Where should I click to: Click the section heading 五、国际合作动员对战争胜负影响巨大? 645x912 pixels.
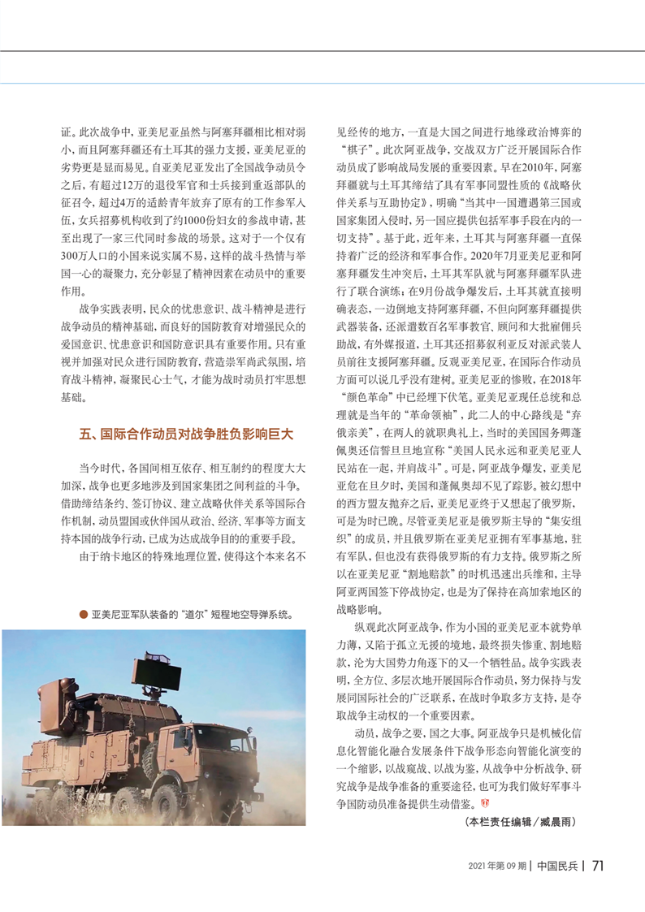[185, 434]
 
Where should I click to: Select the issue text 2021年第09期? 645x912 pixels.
[496, 866]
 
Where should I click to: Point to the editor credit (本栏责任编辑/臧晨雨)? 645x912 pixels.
[521, 823]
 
